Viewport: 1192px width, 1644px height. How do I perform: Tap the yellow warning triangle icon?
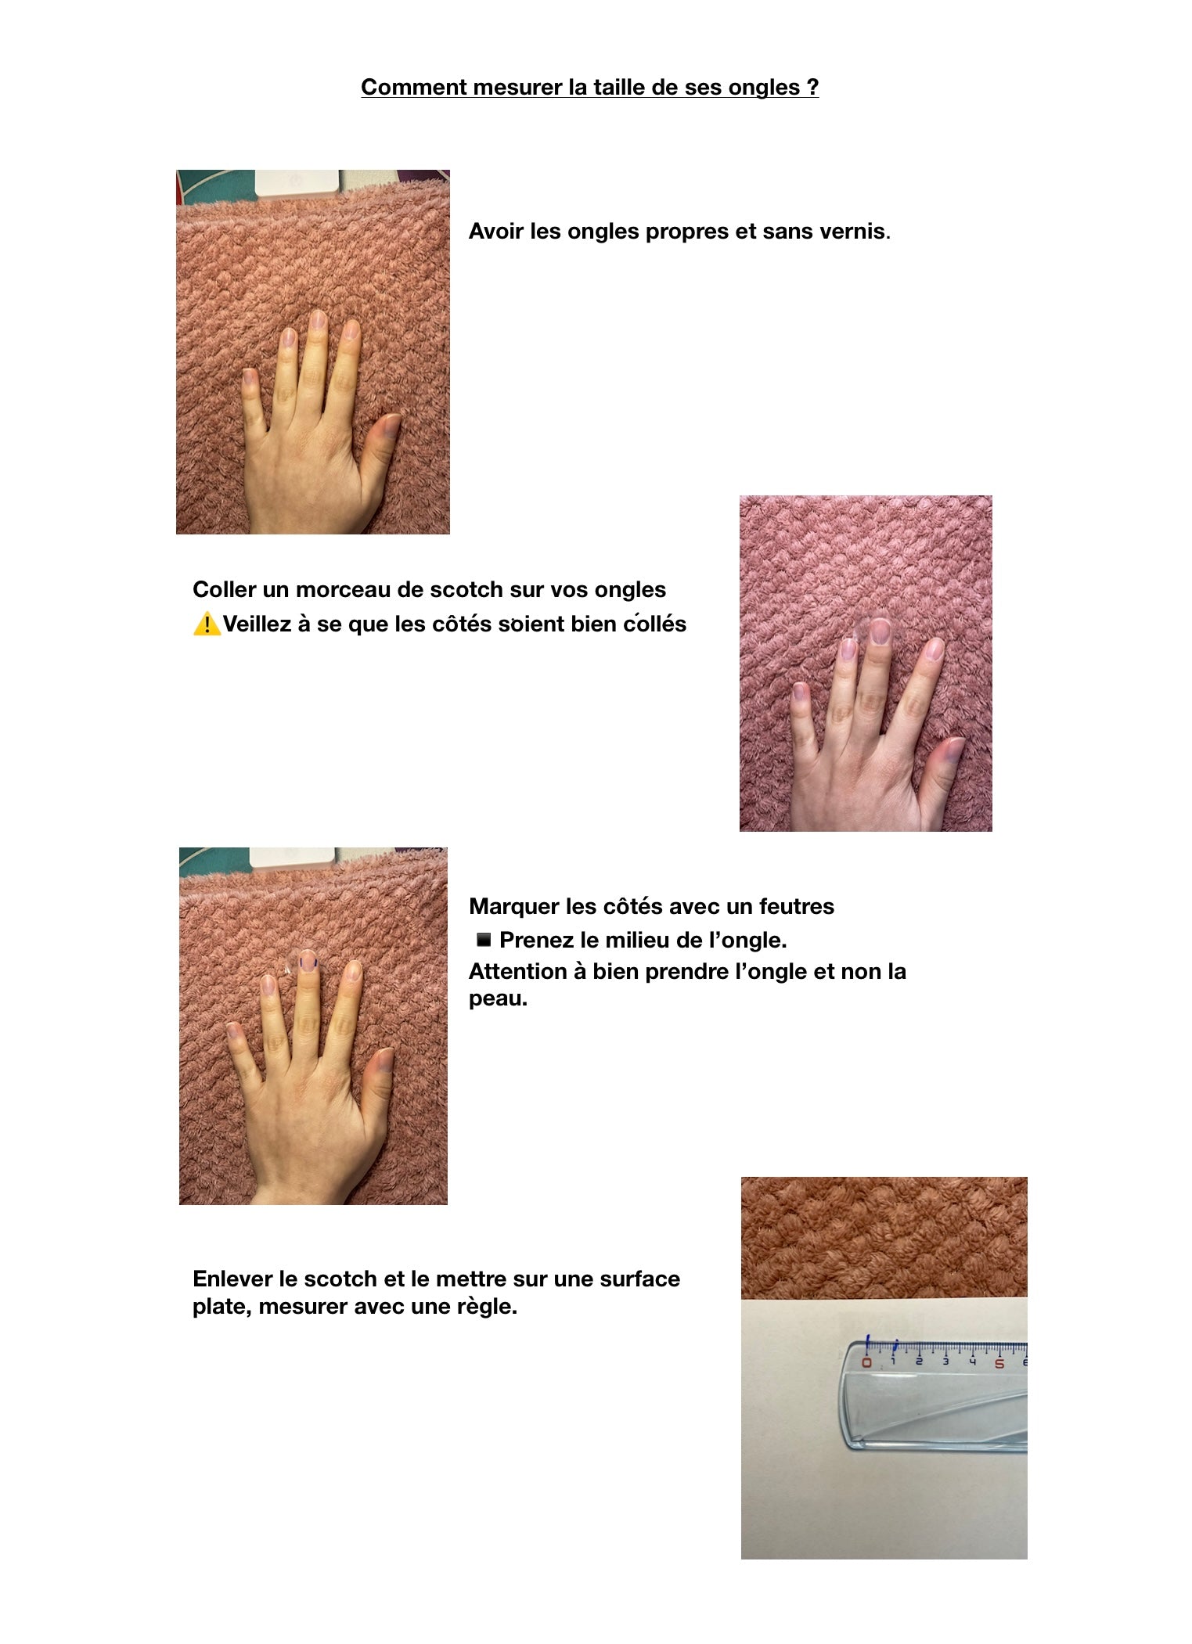click(207, 624)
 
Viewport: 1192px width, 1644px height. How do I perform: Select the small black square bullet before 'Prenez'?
click(484, 939)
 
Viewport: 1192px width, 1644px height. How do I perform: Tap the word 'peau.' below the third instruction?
click(498, 999)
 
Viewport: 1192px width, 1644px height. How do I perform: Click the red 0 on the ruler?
click(866, 1362)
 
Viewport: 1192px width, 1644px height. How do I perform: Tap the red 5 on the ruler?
click(999, 1363)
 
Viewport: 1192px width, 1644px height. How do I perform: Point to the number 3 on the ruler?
click(945, 1362)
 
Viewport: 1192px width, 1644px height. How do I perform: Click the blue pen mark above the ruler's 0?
click(867, 1344)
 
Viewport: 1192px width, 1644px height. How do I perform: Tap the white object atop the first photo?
click(297, 185)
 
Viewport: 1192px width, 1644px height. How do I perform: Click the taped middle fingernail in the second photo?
click(880, 631)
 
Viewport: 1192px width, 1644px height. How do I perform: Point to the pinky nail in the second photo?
click(800, 690)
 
